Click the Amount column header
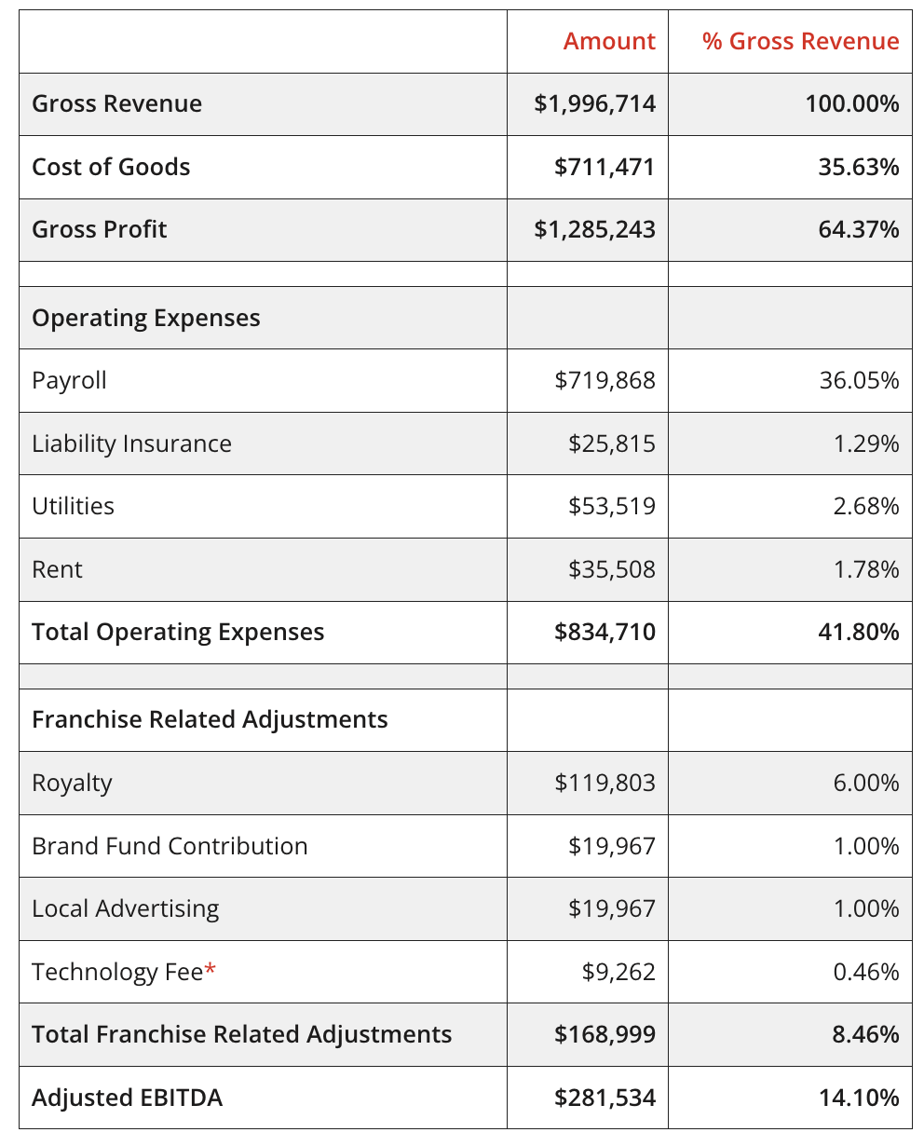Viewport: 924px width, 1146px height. click(609, 42)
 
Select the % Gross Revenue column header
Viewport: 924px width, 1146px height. click(800, 42)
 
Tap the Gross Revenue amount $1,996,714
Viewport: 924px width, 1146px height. click(594, 103)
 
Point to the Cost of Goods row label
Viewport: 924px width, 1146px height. click(111, 167)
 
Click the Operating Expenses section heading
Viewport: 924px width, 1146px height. click(145, 318)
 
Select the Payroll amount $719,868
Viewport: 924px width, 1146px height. click(605, 380)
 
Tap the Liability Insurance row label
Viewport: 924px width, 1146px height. click(131, 443)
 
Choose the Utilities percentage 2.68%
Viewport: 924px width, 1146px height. click(866, 506)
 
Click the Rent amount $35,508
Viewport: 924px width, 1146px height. click(611, 569)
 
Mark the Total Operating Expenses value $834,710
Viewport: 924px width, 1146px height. click(605, 632)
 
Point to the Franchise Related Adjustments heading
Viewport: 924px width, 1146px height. click(210, 719)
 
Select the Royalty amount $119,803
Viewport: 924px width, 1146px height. click(605, 783)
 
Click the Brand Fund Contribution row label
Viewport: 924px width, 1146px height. click(170, 846)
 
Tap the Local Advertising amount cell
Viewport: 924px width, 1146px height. click(611, 908)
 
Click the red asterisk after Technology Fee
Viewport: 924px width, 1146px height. click(211, 970)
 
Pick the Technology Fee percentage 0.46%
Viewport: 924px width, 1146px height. click(866, 972)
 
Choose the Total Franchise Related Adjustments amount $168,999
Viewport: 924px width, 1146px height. click(605, 1034)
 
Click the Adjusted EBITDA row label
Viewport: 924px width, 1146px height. click(127, 1098)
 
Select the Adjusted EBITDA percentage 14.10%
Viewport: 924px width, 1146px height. click(859, 1098)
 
